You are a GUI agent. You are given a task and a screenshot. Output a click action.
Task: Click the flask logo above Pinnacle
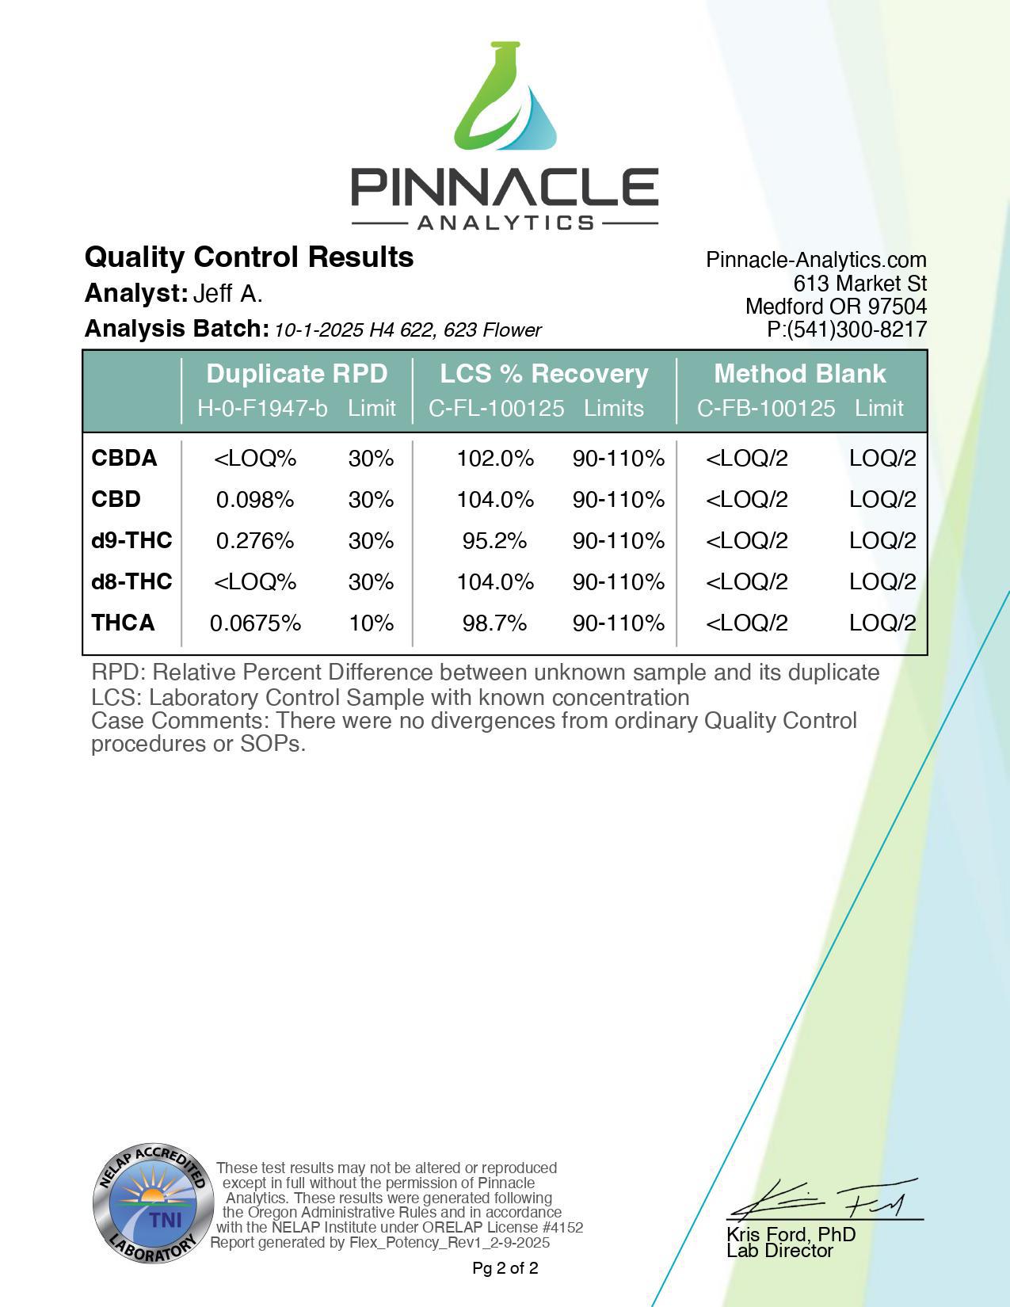pos(505,98)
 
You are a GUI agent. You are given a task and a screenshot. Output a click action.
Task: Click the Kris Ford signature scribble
pos(824,1201)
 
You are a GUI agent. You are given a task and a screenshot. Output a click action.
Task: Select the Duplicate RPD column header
pos(297,373)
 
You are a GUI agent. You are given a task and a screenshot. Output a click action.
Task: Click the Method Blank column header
pos(800,373)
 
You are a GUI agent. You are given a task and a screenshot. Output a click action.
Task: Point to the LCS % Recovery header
pos(544,373)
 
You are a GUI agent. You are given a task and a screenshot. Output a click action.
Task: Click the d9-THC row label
pos(131,540)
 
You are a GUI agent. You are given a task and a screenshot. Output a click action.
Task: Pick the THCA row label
pos(124,623)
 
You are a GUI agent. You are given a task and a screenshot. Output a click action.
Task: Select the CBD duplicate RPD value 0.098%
pos(255,500)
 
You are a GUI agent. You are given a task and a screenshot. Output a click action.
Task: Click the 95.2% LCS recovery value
pos(495,541)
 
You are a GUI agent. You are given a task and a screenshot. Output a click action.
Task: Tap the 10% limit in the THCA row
pos(372,623)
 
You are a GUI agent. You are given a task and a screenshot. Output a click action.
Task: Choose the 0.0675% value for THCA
pos(255,623)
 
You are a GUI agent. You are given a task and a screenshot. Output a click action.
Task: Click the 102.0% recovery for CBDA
pos(495,459)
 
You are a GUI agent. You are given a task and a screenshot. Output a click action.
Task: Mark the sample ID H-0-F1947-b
pos(262,409)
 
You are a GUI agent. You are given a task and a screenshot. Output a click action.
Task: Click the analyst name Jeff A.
pos(228,294)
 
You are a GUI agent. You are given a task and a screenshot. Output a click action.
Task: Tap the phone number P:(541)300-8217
pos(847,330)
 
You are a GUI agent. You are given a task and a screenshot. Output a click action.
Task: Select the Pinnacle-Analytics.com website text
pos(816,260)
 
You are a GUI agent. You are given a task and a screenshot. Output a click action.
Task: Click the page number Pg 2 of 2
pos(505,1268)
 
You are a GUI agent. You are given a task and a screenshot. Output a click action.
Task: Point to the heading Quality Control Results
pos(249,257)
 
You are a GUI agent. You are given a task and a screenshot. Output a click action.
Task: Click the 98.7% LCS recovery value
pos(495,623)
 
